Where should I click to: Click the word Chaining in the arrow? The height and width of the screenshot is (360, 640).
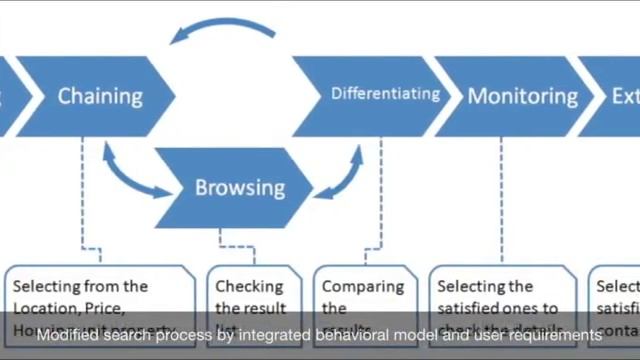pyautogui.click(x=100, y=97)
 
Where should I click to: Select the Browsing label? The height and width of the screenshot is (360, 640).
pyautogui.click(x=239, y=187)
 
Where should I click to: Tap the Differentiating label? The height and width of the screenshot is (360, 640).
pyautogui.click(x=385, y=94)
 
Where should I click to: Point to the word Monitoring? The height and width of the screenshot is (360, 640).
pyautogui.click(x=523, y=97)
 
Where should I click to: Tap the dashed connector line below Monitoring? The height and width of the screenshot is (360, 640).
pyautogui.click(x=500, y=200)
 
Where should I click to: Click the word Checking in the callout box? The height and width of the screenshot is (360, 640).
pyautogui.click(x=249, y=286)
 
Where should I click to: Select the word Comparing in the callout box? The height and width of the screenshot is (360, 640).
pyautogui.click(x=361, y=286)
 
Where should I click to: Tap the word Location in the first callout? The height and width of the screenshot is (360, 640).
pyautogui.click(x=43, y=308)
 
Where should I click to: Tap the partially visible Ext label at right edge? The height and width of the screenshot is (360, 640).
pyautogui.click(x=624, y=97)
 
